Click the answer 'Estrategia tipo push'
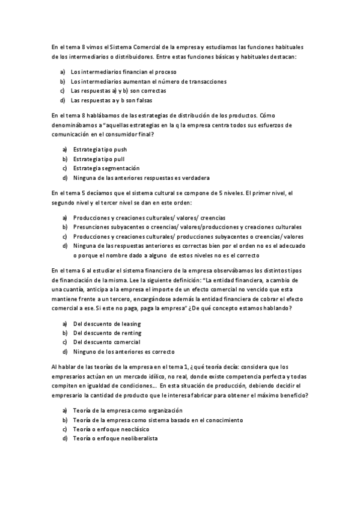[x=100, y=149]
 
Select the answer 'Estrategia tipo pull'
[x=99, y=159]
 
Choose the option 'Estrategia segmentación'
[x=106, y=168]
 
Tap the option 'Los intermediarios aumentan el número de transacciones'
[x=140, y=81]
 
